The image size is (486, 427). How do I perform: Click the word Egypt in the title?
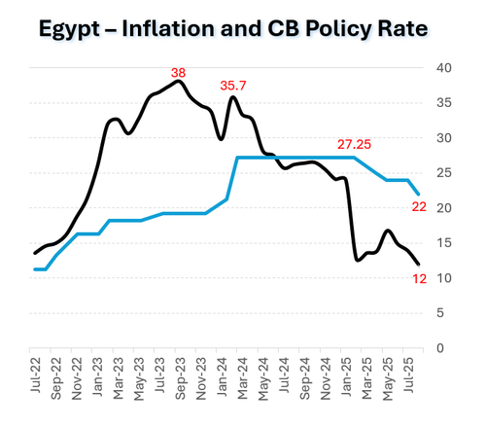point(69,30)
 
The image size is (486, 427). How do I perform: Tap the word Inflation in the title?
point(168,28)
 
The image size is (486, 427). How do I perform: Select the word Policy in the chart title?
point(338,30)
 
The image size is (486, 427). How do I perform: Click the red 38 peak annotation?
point(178,73)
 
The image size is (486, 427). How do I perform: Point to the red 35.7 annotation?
point(233,86)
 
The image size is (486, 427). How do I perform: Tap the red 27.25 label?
point(354,145)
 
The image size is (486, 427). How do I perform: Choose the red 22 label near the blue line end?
point(419,207)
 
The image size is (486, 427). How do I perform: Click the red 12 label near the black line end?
point(419,279)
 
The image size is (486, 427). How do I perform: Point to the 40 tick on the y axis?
point(444,68)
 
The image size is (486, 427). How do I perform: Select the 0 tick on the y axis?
point(440,348)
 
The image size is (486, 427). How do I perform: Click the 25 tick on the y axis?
point(444,173)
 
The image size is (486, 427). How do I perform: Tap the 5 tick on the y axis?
point(440,313)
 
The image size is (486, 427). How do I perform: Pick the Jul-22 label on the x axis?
point(36,375)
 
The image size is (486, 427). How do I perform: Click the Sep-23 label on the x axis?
point(180,378)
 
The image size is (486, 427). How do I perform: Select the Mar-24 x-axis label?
point(242,378)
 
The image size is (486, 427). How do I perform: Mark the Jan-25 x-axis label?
point(346,376)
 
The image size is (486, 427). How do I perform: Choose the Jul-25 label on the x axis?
point(408,375)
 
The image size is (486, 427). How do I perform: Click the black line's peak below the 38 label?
point(178,81)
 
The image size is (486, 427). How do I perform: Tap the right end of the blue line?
point(419,195)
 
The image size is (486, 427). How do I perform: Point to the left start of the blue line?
point(35,269)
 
